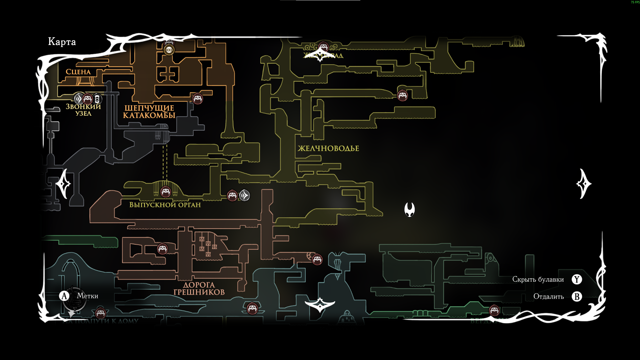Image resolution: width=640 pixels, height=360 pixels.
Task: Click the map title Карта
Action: [62, 42]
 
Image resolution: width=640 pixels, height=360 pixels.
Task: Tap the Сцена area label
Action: [78, 72]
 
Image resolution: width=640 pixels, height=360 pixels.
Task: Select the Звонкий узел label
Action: [83, 110]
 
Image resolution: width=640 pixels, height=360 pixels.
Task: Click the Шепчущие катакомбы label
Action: [149, 112]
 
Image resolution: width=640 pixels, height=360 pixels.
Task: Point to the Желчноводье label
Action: [328, 148]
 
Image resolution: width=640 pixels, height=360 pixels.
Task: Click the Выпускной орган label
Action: [165, 205]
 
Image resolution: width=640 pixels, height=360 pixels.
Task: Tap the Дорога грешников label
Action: [199, 289]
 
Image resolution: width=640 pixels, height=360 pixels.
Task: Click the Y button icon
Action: [577, 279]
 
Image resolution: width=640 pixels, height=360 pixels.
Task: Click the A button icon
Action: [64, 296]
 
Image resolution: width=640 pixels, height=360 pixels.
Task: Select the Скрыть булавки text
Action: [538, 279]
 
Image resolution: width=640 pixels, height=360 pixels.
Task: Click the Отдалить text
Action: [548, 296]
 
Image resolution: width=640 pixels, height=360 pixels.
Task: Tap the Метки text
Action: [87, 296]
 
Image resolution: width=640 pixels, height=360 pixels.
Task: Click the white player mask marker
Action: [409, 209]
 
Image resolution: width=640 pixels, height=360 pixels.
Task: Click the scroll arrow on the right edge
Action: [583, 184]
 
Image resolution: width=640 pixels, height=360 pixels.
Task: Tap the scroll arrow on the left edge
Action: [63, 184]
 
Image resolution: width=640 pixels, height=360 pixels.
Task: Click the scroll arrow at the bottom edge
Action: [320, 305]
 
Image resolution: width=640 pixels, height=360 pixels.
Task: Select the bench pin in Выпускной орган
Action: [166, 192]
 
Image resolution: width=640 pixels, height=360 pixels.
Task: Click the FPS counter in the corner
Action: [635, 2]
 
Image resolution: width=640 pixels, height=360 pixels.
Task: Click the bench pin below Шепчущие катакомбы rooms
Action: [198, 98]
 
